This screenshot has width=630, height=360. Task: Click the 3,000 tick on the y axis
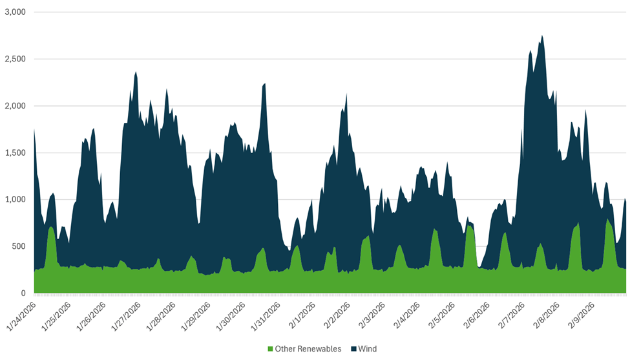tap(14, 12)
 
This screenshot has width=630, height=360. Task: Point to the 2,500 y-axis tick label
tap(14, 59)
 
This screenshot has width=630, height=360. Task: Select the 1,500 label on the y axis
tap(14, 153)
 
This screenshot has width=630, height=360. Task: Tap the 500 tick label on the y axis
tap(17, 247)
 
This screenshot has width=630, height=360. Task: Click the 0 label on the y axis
tap(23, 293)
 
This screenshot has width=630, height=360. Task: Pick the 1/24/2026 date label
tap(21, 317)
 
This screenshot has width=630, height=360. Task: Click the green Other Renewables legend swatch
tap(270, 349)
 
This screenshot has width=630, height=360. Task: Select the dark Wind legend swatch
tap(354, 349)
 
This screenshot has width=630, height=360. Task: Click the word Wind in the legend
tap(368, 349)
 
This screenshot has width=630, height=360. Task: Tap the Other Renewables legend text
tap(308, 349)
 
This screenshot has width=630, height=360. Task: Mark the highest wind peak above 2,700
tap(541, 36)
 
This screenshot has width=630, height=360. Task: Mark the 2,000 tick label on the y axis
tap(14, 106)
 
